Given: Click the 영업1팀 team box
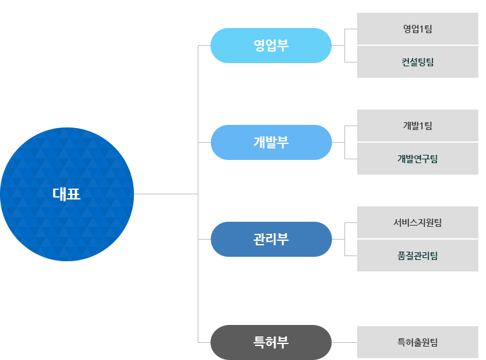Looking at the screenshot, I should (x=417, y=29).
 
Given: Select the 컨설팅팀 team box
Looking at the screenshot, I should (x=417, y=62).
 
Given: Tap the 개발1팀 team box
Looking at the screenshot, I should (x=417, y=126).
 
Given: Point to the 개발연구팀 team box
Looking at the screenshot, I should (x=417, y=159).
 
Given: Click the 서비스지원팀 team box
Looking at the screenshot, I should (x=417, y=222).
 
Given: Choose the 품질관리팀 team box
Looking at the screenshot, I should (x=417, y=256).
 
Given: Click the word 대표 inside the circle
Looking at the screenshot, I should (x=67, y=194).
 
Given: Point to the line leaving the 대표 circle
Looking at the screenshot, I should (x=166, y=194).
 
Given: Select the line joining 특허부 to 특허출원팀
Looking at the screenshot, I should (x=344, y=342).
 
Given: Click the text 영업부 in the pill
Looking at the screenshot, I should (x=271, y=45).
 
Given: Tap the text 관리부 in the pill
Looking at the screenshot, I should (x=271, y=239).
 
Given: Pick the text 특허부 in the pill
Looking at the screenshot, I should (x=271, y=342).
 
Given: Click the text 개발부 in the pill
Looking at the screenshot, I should (x=271, y=142).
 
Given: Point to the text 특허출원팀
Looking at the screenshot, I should (x=417, y=342).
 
